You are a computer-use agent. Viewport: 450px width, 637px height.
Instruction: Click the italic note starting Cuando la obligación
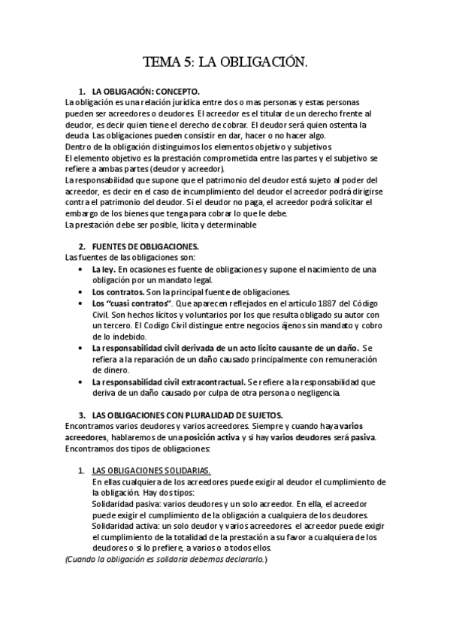pyautogui.click(x=166, y=560)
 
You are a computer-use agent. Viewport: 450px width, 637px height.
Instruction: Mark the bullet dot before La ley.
pyautogui.click(x=81, y=269)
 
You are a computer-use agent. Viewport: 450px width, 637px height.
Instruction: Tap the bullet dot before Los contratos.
pyautogui.click(x=81, y=291)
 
